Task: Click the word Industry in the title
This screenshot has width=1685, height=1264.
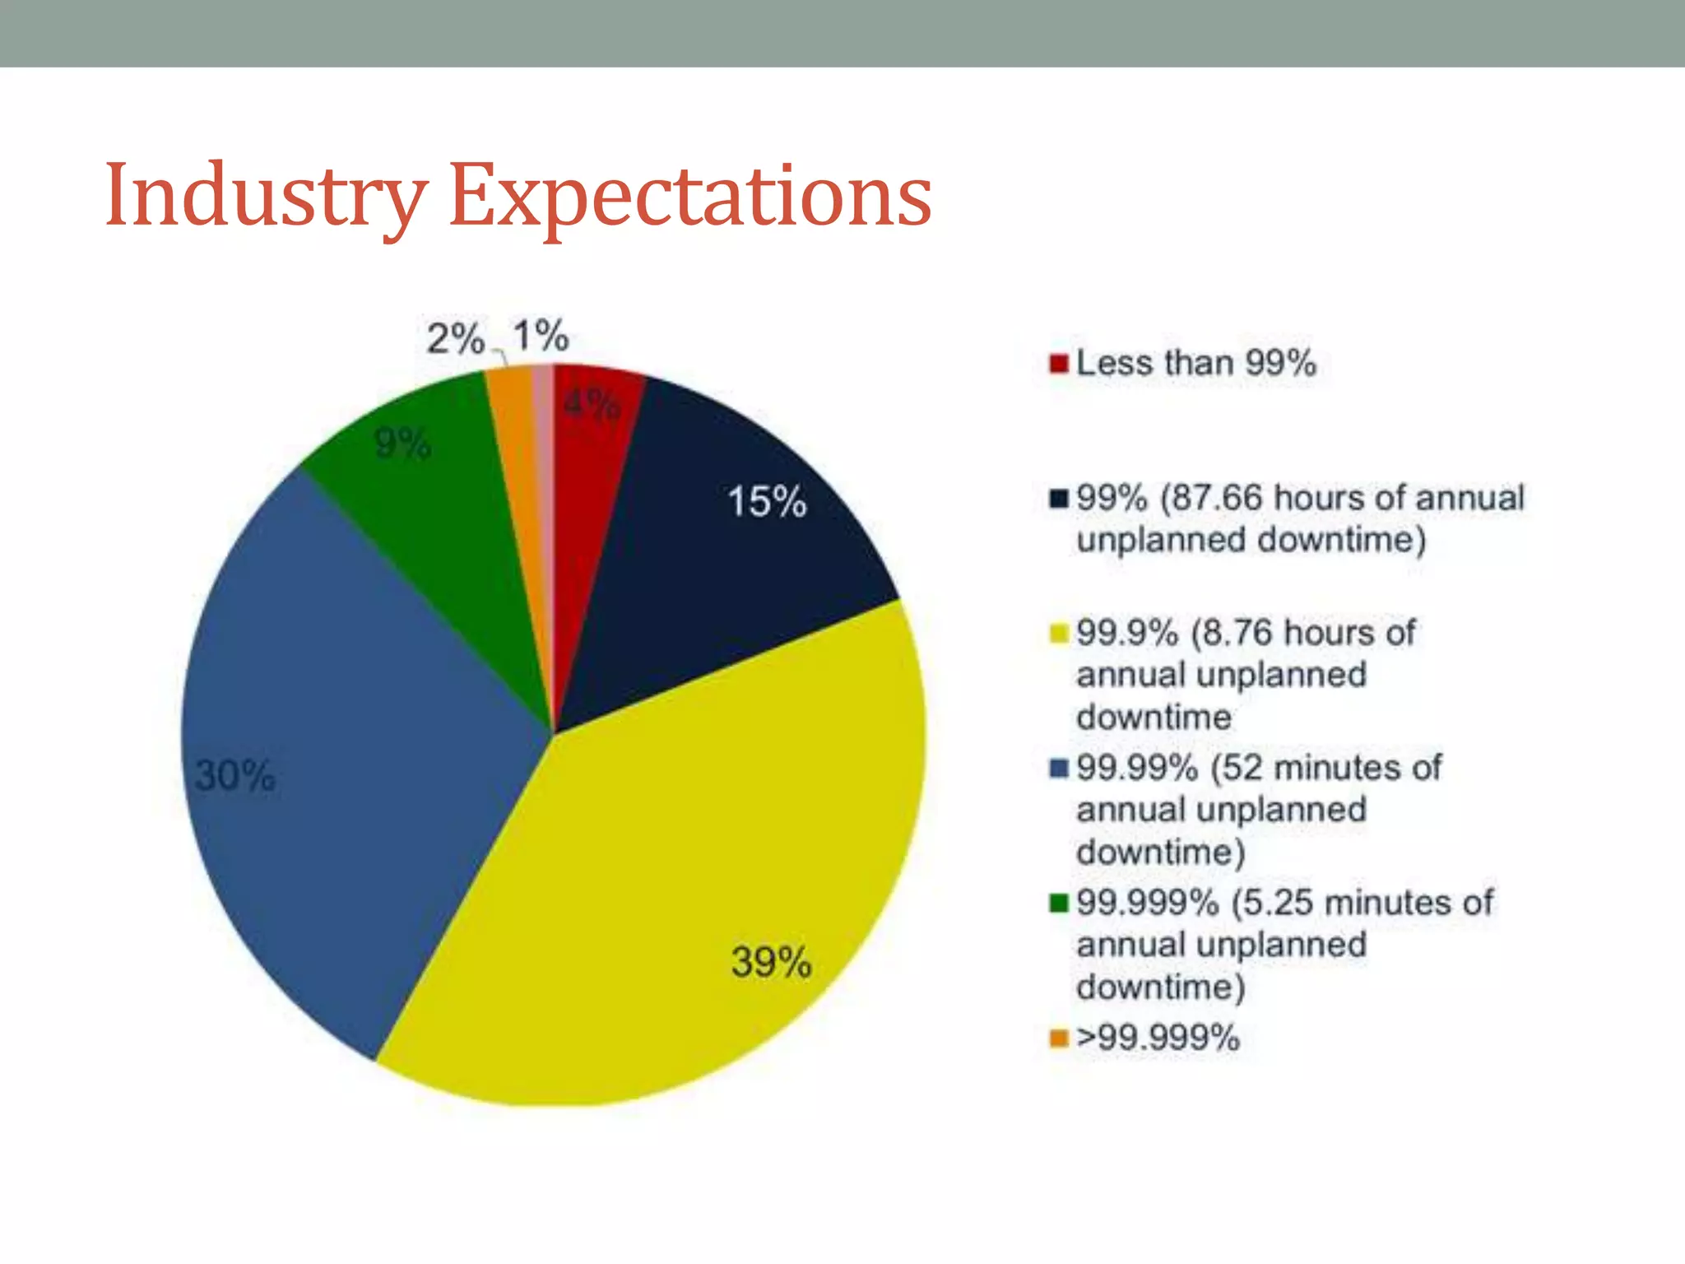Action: click(265, 196)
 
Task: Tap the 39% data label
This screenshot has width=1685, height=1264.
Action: click(771, 962)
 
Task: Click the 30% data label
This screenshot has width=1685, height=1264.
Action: click(235, 775)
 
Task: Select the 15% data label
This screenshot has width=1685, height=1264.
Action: click(767, 501)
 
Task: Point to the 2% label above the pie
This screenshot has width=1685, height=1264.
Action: click(455, 338)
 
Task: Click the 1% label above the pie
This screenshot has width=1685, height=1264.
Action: click(541, 336)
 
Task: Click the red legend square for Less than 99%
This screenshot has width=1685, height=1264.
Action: click(1059, 363)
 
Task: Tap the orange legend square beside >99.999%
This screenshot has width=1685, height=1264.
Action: click(1059, 1038)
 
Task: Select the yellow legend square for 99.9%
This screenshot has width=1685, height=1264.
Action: click(1059, 634)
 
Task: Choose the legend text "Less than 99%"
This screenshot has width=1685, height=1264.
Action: click(1196, 363)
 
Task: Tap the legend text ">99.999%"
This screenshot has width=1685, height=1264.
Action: click(1158, 1037)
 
